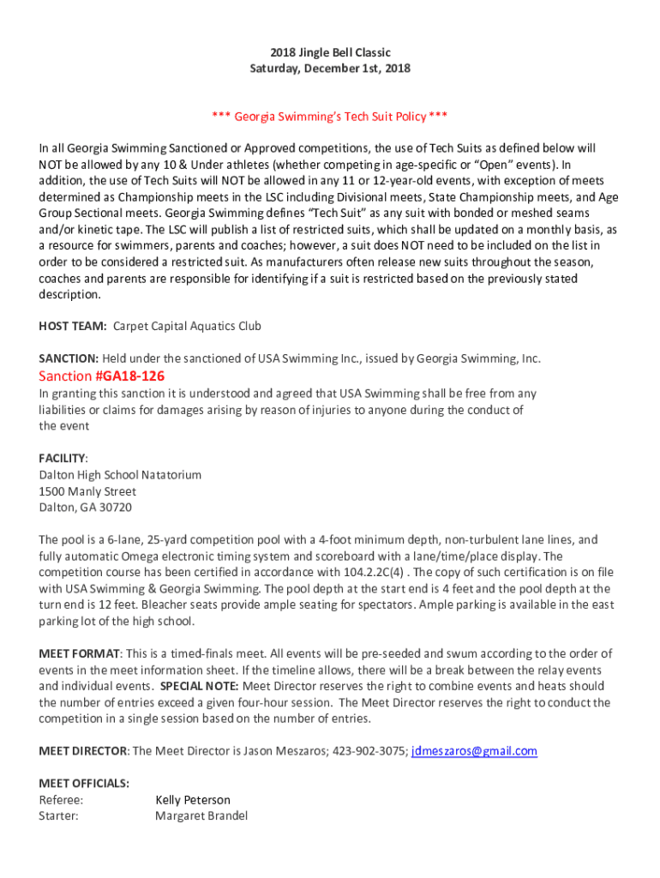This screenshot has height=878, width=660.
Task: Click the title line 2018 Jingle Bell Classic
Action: click(x=330, y=52)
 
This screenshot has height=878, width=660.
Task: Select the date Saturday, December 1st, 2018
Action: click(x=330, y=69)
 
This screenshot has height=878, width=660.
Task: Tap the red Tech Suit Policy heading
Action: click(x=330, y=117)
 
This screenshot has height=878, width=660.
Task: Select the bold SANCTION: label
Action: click(x=69, y=358)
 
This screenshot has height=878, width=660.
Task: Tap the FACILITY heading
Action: click(x=63, y=459)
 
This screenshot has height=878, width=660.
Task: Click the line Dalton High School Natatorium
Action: click(x=120, y=475)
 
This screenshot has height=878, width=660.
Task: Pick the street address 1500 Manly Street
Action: click(x=87, y=491)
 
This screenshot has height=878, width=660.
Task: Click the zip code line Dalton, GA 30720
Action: click(x=86, y=508)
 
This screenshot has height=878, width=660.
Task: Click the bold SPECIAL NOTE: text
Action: click(x=200, y=687)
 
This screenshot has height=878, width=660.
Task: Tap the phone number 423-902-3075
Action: click(x=371, y=751)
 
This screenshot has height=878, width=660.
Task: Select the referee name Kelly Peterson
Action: click(x=192, y=800)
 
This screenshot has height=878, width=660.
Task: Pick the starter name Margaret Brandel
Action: click(x=201, y=816)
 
